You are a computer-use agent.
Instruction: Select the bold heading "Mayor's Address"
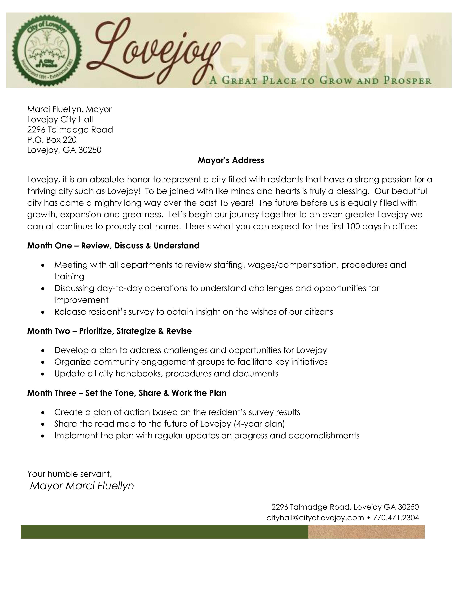click(231, 160)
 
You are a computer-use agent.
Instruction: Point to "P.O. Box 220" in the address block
click(52, 140)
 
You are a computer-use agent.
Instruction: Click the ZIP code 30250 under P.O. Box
click(90, 150)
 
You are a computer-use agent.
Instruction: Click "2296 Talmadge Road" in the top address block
click(70, 130)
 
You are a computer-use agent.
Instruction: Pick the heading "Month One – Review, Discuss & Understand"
click(113, 246)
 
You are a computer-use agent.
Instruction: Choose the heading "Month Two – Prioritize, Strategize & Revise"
click(109, 331)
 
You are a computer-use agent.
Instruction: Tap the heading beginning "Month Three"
click(127, 393)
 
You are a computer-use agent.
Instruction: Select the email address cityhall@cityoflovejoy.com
click(315, 518)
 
